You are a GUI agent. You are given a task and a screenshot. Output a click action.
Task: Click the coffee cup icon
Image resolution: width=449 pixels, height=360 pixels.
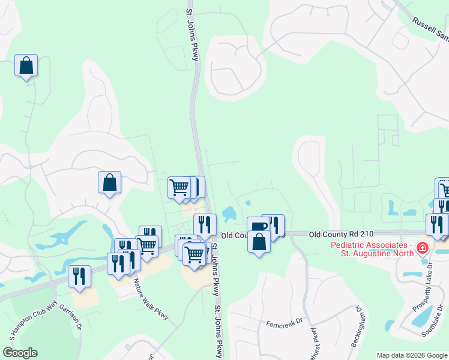pyautogui.click(x=258, y=226)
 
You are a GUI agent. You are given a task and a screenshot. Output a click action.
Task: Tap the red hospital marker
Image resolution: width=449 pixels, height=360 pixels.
pyautogui.click(x=423, y=247)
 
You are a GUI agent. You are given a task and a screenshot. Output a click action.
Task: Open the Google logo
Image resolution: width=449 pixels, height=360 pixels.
pyautogui.click(x=20, y=353)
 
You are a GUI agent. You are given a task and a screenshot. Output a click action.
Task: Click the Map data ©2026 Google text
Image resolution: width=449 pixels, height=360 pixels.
pyautogui.click(x=412, y=355)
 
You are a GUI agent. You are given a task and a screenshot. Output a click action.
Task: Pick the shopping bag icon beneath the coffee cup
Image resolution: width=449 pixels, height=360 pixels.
pyautogui.click(x=259, y=242)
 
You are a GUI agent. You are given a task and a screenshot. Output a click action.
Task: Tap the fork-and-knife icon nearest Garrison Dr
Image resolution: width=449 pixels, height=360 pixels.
pyautogui.click(x=79, y=277)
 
